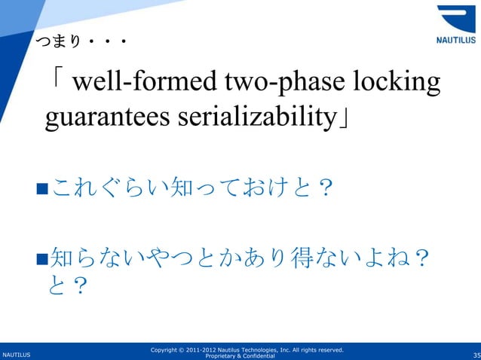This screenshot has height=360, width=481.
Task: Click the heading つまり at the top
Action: pyautogui.click(x=71, y=50)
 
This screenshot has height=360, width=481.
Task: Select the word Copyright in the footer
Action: pyautogui.click(x=167, y=349)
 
